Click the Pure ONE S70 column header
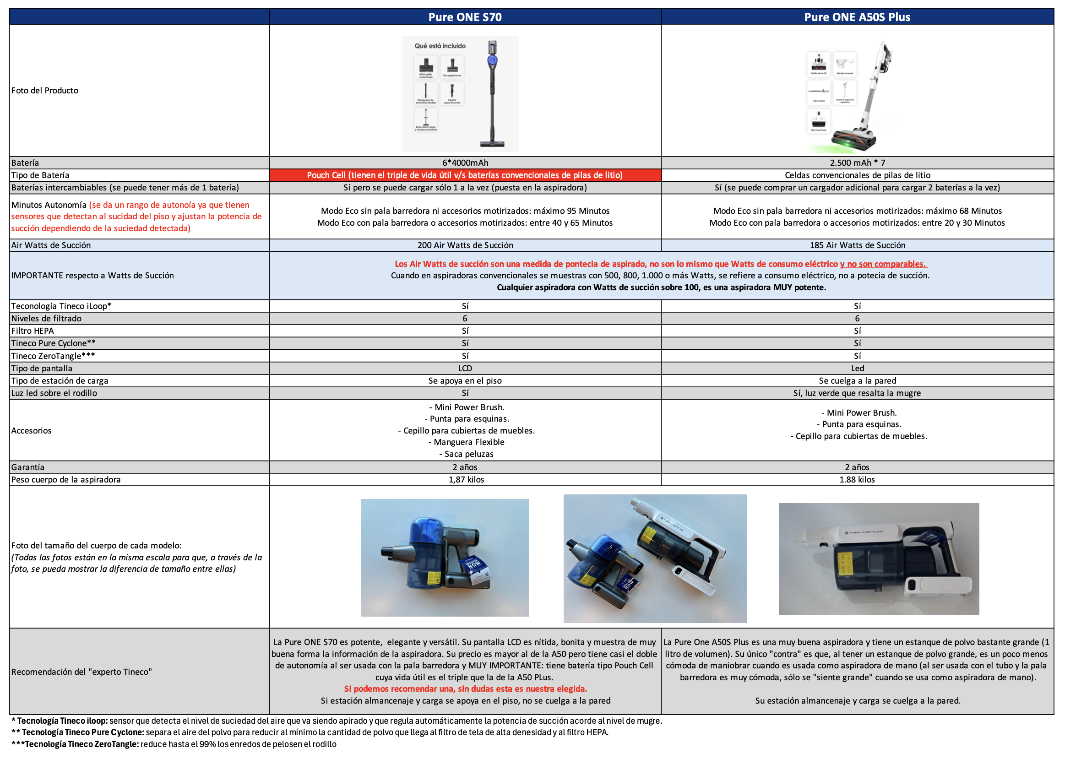(x=465, y=17)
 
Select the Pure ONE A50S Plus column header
(x=857, y=17)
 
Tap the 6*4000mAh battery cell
(x=465, y=163)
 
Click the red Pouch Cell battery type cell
(x=465, y=175)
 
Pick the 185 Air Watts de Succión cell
(x=857, y=245)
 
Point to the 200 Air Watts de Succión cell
(x=465, y=245)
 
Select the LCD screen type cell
(x=465, y=368)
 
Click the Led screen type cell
(x=857, y=368)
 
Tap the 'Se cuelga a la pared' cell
(x=857, y=381)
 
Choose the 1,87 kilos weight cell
(x=466, y=479)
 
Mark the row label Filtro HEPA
(x=33, y=331)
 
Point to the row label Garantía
(x=28, y=467)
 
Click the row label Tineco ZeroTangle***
(x=53, y=356)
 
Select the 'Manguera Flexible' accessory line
(x=466, y=442)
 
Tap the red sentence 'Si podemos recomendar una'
(x=465, y=689)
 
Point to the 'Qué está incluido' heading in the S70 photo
(x=440, y=46)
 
